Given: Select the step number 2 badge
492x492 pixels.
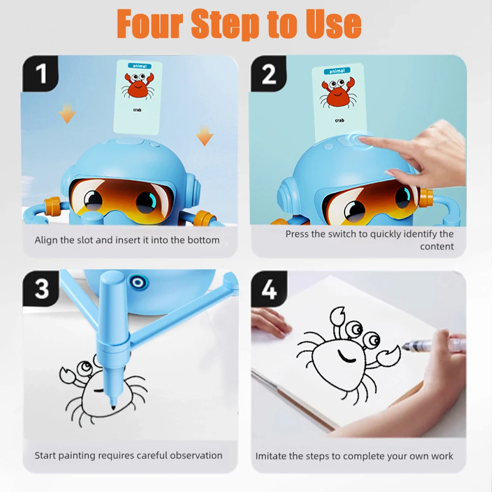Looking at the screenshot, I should (269, 74).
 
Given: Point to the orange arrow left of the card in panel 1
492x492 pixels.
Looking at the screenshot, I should (67, 115).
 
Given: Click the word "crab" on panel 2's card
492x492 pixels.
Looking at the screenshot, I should (339, 120).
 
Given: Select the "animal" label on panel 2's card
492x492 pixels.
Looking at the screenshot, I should (337, 71).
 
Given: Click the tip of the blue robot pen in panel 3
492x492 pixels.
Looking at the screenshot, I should (114, 407).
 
